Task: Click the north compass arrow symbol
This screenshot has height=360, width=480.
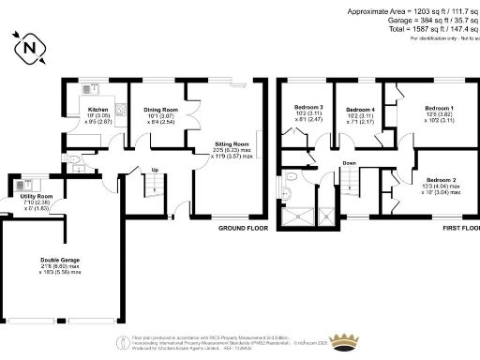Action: click(31, 46)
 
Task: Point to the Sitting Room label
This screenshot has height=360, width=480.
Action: click(232, 145)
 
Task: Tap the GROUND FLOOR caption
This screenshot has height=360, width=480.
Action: click(243, 228)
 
